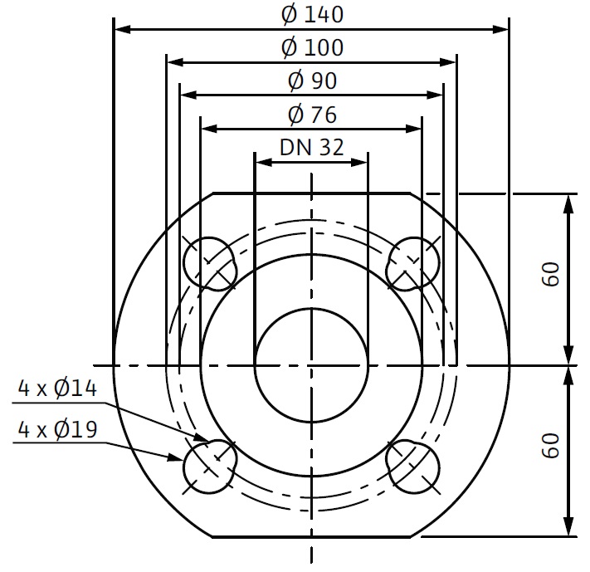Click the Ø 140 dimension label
[312, 15]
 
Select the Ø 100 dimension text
[312, 48]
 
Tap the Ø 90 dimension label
[312, 81]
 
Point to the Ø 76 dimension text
[312, 115]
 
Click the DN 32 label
[311, 147]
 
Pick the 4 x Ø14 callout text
[57, 389]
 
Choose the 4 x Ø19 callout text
[57, 429]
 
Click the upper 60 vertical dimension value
[551, 275]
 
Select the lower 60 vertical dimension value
[551, 446]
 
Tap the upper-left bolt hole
[210, 264]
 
